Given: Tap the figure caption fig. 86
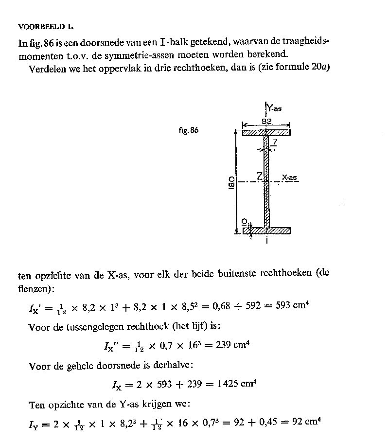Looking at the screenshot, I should coord(189,130).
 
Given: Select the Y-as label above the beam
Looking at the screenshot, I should coord(274,108).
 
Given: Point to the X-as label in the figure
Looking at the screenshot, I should coord(289,178).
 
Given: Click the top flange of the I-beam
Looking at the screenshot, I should coord(266,132).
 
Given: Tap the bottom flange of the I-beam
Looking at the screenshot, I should coord(266,230).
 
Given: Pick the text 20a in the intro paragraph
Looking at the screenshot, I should coord(321,67).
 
